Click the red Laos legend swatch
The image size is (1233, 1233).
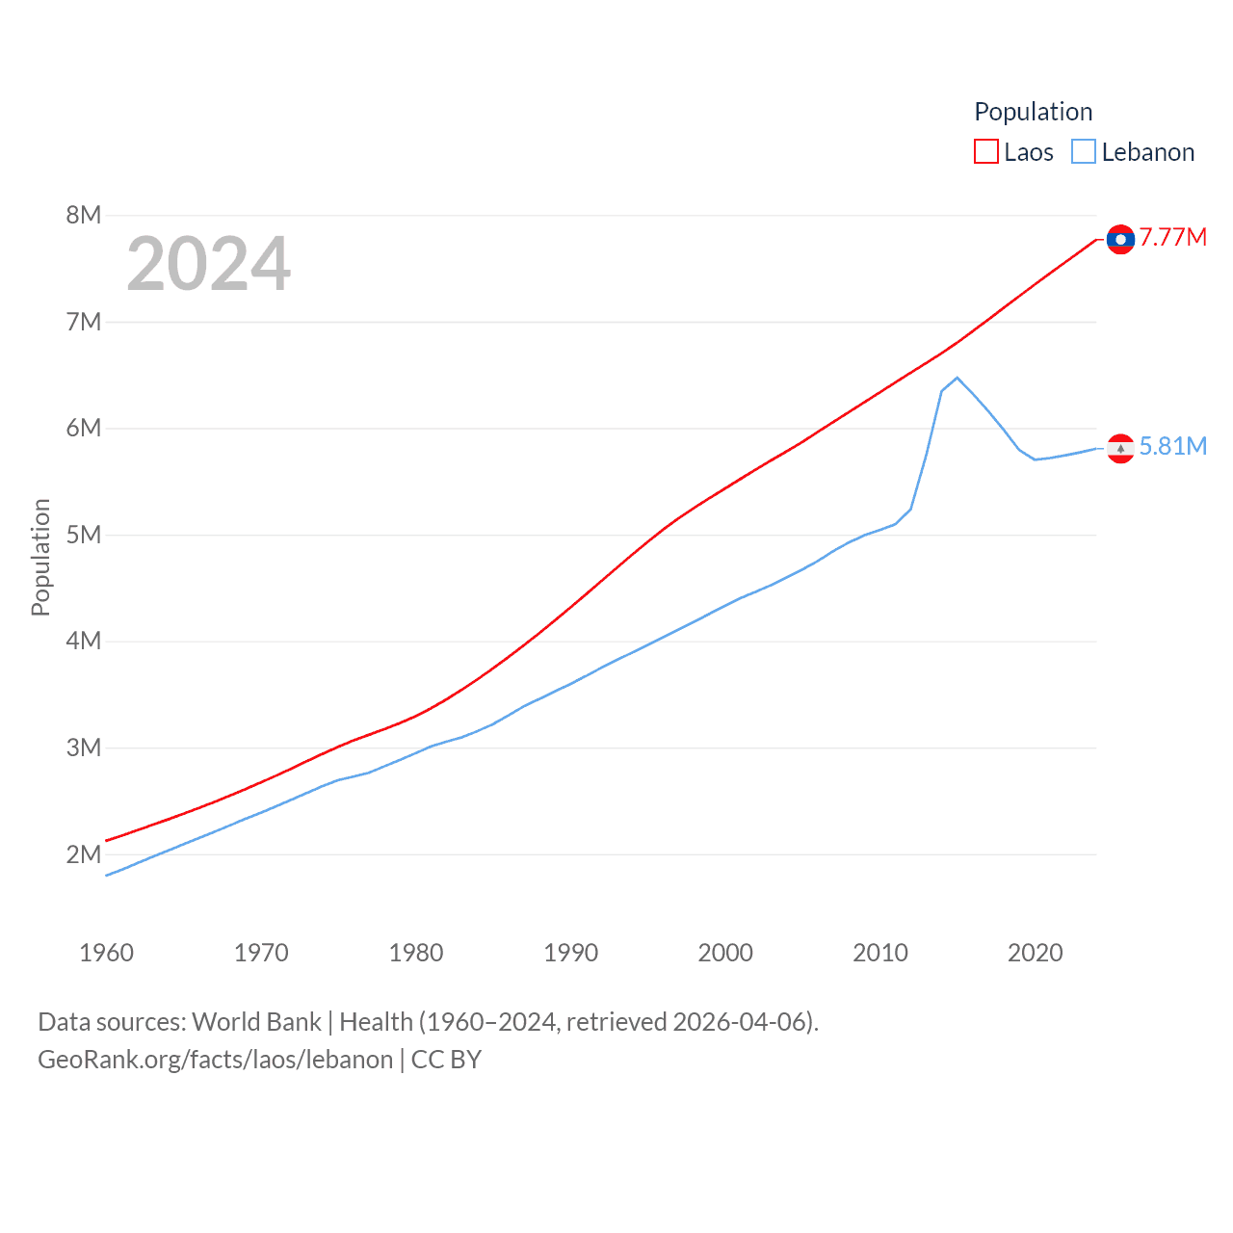tap(986, 152)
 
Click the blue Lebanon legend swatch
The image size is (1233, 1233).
tap(1084, 152)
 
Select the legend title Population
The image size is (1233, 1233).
tap(1033, 112)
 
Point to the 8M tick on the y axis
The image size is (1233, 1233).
tap(84, 215)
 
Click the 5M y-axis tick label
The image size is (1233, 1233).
tap(84, 535)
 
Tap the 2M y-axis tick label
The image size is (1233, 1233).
tap(84, 854)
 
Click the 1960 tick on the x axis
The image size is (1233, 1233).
tap(106, 953)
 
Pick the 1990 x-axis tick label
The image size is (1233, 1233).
tap(570, 953)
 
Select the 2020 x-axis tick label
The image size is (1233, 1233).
tap(1035, 953)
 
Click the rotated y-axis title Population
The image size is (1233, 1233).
tap(40, 557)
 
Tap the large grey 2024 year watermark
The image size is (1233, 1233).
tap(208, 264)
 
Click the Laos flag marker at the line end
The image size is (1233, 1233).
tap(1120, 239)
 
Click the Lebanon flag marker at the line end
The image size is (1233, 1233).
tap(1120, 448)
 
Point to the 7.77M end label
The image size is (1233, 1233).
tap(1172, 238)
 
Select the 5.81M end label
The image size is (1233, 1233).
tap(1172, 446)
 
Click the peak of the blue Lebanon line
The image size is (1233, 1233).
tap(957, 378)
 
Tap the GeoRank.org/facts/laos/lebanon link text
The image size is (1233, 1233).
tap(215, 1060)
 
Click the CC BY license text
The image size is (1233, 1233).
tap(446, 1060)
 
